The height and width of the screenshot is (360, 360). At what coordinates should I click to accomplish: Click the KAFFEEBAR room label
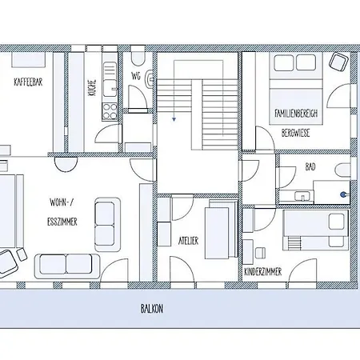tap(27, 82)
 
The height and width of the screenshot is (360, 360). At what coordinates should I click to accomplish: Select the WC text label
tap(135, 77)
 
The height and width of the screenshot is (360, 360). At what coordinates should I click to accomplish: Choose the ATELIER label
tap(188, 240)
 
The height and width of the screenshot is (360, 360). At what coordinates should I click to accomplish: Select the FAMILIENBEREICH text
tap(296, 114)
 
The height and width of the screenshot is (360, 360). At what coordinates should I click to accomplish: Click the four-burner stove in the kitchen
tap(108, 112)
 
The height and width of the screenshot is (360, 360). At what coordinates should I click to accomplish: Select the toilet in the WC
tap(137, 60)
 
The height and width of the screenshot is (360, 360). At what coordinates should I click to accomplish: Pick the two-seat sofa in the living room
tap(65, 264)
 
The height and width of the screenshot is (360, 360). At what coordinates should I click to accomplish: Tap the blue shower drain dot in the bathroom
tap(345, 194)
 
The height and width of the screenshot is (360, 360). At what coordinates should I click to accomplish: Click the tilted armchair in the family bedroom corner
tap(339, 63)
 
